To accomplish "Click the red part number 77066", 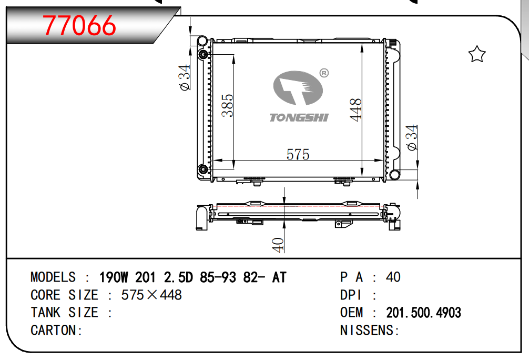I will pyautogui.click(x=79, y=25).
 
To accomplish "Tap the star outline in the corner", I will pyautogui.click(x=476, y=54).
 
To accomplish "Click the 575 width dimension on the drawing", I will pyautogui.click(x=298, y=154).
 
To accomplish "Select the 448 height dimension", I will pyautogui.click(x=356, y=110).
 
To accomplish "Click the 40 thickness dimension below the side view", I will pyautogui.click(x=278, y=244).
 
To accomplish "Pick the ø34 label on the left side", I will pyautogui.click(x=184, y=77).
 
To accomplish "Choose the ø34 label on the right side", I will pyautogui.click(x=413, y=137).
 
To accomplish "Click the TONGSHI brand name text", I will pyautogui.click(x=299, y=117).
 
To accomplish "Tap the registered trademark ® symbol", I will pyautogui.click(x=324, y=73).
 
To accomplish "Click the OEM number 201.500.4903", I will pyautogui.click(x=423, y=313).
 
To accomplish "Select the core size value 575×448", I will pyautogui.click(x=151, y=295).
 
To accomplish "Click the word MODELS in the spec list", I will pyautogui.click(x=53, y=277).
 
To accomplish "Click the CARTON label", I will pyautogui.click(x=56, y=331).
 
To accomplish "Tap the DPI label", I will pyautogui.click(x=351, y=295).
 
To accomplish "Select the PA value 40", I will pyautogui.click(x=393, y=277).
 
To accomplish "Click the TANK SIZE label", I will pyautogui.click(x=64, y=313).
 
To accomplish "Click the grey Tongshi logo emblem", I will pyautogui.click(x=298, y=88).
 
